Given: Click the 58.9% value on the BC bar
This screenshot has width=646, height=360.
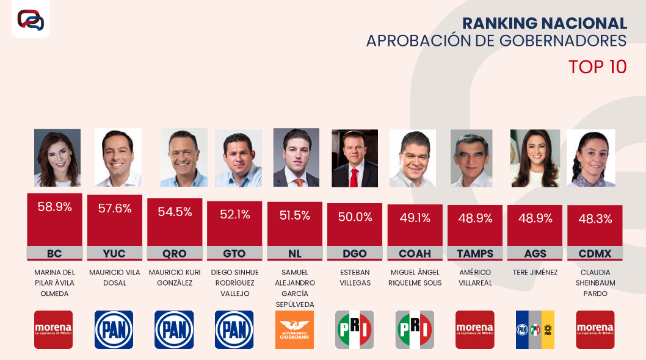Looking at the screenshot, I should pyautogui.click(x=55, y=207).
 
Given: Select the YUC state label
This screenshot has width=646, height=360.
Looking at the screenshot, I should pyautogui.click(x=115, y=253).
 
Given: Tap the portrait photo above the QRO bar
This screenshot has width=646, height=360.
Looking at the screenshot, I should pyautogui.click(x=183, y=157).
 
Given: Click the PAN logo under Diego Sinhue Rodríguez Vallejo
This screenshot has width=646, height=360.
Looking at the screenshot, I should pyautogui.click(x=234, y=329).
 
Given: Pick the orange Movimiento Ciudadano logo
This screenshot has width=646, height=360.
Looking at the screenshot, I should pyautogui.click(x=294, y=329).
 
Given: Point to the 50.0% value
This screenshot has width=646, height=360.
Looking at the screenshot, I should pyautogui.click(x=355, y=217).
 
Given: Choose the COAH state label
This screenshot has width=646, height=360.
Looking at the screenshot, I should pyautogui.click(x=415, y=253).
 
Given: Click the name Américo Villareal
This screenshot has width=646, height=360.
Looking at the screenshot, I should pyautogui.click(x=474, y=278).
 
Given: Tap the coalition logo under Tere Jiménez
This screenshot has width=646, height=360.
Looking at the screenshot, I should pyautogui.click(x=535, y=329).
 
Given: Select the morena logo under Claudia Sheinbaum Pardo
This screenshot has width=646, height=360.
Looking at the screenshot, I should pyautogui.click(x=595, y=329).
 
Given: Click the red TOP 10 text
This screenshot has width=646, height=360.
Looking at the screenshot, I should pyautogui.click(x=597, y=67).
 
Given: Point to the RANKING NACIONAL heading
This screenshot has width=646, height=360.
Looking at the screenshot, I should pyautogui.click(x=544, y=23).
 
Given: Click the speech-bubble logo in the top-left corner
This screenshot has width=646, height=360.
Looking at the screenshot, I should pyautogui.click(x=31, y=20).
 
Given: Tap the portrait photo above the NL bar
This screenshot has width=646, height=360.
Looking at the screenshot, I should pyautogui.click(x=296, y=157).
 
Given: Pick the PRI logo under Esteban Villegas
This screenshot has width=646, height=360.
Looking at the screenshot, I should pyautogui.click(x=354, y=329).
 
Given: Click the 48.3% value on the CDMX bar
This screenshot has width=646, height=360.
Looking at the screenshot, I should pyautogui.click(x=595, y=219).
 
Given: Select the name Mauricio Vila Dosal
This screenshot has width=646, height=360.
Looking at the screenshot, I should pyautogui.click(x=114, y=278).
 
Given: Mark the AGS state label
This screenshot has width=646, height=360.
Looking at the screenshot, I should pyautogui.click(x=535, y=253).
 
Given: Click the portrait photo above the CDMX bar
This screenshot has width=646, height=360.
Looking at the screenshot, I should pyautogui.click(x=590, y=157).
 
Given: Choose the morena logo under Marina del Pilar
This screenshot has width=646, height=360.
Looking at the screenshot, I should pyautogui.click(x=53, y=329).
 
